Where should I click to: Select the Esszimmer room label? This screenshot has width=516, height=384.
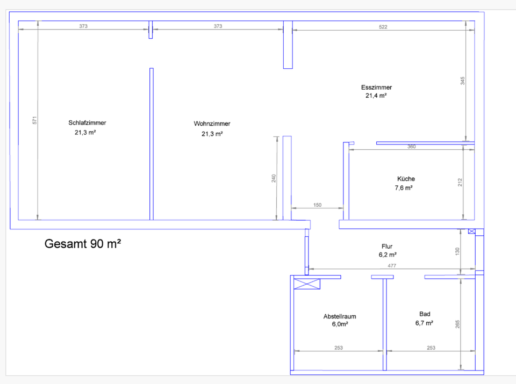pyautogui.click(x=376, y=87)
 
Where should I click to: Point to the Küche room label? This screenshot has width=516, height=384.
pyautogui.click(x=406, y=179)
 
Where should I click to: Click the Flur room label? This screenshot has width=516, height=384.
pyautogui.click(x=386, y=247)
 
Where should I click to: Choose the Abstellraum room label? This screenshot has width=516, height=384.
pyautogui.click(x=340, y=316)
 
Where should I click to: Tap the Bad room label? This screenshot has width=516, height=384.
pyautogui.click(x=425, y=314)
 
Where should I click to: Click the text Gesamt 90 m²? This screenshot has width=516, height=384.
pyautogui.click(x=82, y=244)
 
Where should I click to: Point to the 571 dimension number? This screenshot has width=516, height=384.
pyautogui.click(x=34, y=121)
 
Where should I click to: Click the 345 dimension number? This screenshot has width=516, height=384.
pyautogui.click(x=462, y=81)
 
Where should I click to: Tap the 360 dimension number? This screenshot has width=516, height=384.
pyautogui.click(x=411, y=147)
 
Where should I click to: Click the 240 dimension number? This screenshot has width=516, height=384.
pyautogui.click(x=273, y=178)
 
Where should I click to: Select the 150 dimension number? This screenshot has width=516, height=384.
pyautogui.click(x=317, y=205)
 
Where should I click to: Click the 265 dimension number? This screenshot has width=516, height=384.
pyautogui.click(x=457, y=325)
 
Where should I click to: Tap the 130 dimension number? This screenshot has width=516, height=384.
pyautogui.click(x=457, y=251)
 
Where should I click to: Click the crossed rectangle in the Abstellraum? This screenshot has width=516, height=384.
pyautogui.click(x=307, y=285)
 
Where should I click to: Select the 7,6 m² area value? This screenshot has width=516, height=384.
pyautogui.click(x=404, y=188)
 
